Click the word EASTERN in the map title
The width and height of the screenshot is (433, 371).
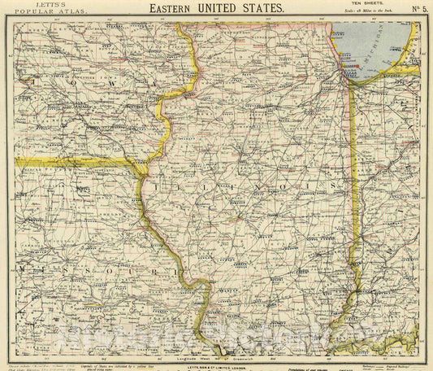point(174,9)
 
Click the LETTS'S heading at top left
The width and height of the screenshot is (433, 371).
point(33,5)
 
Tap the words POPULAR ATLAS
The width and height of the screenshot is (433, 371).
point(33,14)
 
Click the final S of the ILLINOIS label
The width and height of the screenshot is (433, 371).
point(335,186)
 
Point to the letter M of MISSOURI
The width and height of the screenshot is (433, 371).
point(22,268)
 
